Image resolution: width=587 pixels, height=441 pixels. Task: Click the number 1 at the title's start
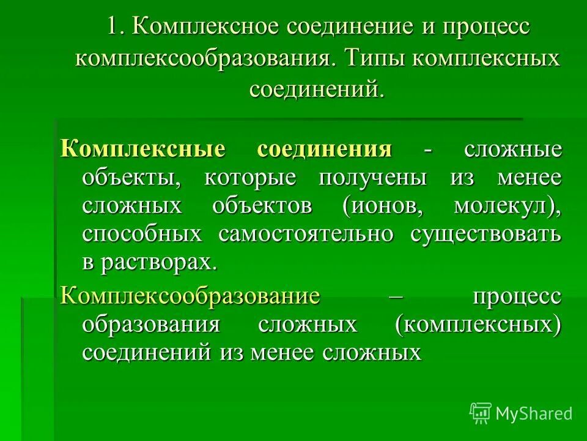coord(111,28)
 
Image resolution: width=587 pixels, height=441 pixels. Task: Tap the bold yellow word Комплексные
coord(143,149)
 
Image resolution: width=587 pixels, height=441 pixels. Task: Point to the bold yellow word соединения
coord(324,149)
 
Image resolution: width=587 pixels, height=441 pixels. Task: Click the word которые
coord(250,178)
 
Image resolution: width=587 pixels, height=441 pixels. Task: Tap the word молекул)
coord(508,206)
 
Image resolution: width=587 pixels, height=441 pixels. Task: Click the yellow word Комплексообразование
coord(190,296)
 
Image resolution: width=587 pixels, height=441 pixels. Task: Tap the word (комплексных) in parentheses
coord(478,325)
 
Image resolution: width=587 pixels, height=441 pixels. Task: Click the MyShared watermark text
coord(534,413)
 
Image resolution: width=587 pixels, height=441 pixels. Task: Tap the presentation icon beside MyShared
coord(481,413)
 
